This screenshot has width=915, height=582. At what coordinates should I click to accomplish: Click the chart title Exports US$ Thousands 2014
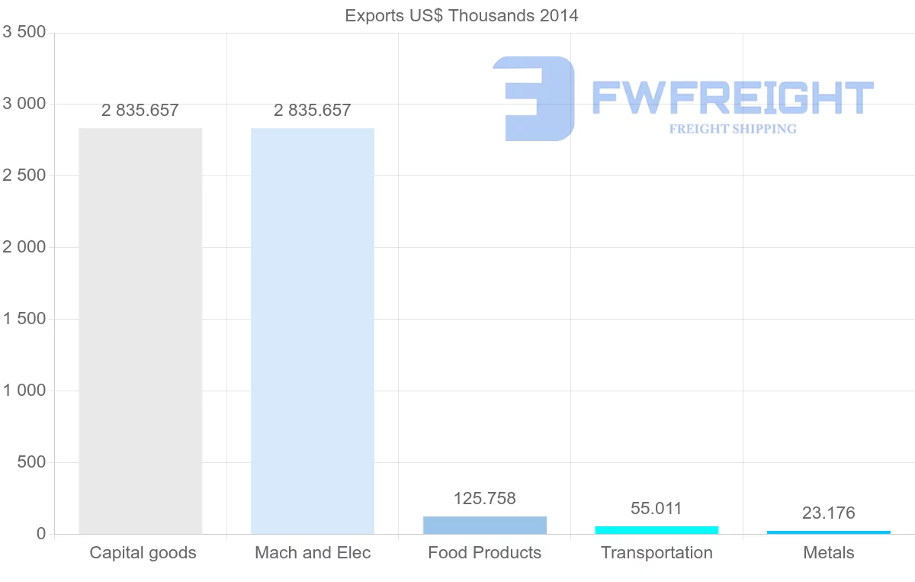[x=461, y=15]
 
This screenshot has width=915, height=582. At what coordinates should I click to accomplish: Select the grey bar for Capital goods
[x=140, y=331]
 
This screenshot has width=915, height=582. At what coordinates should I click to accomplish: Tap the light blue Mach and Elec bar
[x=313, y=331]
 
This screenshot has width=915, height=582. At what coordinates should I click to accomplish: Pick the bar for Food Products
[x=485, y=526]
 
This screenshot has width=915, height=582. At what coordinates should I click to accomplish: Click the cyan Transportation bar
[x=657, y=530]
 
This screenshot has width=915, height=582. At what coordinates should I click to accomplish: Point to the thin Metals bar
[x=829, y=532]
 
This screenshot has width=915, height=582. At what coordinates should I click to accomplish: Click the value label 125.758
[x=485, y=499]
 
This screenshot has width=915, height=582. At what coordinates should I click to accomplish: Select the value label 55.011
[x=657, y=509]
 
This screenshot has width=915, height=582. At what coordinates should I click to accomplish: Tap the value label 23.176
[x=829, y=513]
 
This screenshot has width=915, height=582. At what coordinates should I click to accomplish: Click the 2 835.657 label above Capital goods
[x=140, y=111]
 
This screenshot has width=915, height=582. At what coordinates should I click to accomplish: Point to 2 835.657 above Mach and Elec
[x=313, y=111]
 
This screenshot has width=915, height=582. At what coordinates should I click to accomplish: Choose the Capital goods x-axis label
[x=143, y=553]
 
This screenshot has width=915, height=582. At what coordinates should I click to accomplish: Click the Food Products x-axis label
[x=485, y=553]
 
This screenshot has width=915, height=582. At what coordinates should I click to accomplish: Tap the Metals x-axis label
[x=829, y=553]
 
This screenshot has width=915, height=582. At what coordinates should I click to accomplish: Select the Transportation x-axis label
[x=657, y=553]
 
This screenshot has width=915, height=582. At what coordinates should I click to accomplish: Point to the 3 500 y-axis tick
[x=24, y=32]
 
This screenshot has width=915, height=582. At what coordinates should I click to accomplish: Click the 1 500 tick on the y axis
[x=24, y=319]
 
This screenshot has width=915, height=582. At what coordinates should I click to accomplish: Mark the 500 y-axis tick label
[x=30, y=462]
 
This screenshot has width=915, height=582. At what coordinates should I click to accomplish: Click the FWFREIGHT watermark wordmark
[x=733, y=98]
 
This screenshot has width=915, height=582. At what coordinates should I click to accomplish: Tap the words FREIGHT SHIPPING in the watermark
[x=733, y=129]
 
